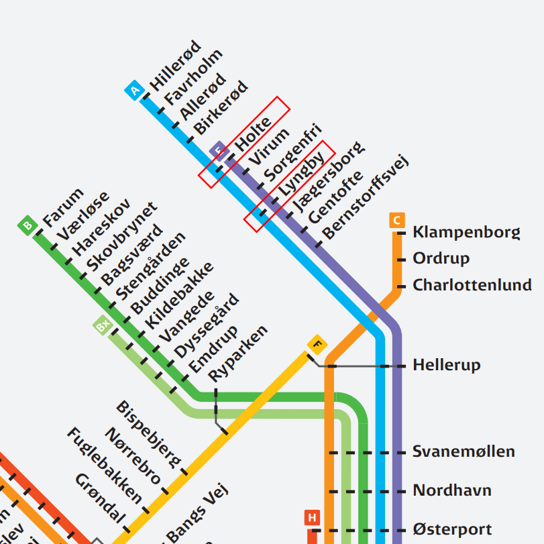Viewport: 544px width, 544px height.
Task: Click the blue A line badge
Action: coord(135,90)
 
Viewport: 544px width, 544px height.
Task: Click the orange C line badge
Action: coord(396,221)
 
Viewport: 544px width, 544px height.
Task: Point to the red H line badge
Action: coord(312,518)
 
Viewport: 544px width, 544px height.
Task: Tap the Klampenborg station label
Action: coord(466,233)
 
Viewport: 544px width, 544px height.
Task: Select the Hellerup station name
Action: coord(447,366)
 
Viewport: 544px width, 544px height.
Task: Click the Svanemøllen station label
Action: coord(464,451)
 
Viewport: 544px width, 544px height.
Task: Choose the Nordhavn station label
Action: coord(452,490)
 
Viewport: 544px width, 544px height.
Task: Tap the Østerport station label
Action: coord(452,530)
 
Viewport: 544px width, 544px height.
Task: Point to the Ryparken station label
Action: coord(238,352)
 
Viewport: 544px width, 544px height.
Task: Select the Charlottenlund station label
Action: coord(472,285)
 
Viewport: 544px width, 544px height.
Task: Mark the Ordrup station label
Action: coord(441,259)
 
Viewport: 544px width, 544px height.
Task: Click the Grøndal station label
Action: coord(101,498)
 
